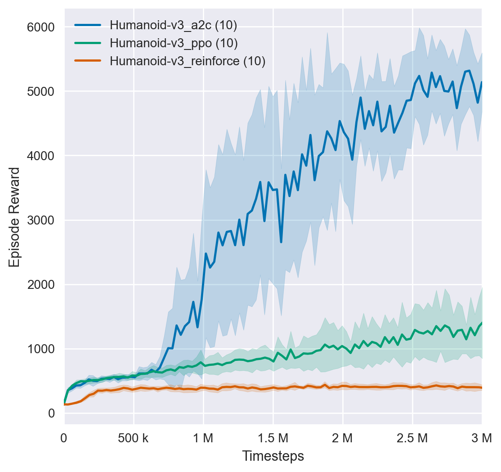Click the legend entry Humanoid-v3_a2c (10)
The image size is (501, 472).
point(174,25)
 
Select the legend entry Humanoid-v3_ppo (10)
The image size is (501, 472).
point(174,43)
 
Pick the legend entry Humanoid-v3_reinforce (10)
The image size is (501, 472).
point(188,61)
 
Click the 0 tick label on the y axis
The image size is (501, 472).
point(52,414)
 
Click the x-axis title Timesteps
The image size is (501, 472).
point(273,456)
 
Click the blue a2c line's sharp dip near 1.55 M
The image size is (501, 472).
point(281,242)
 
